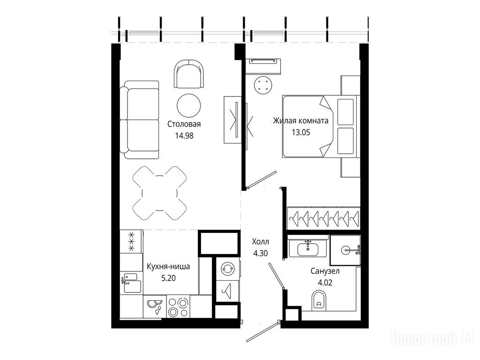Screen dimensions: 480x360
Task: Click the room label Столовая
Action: [x=184, y=124]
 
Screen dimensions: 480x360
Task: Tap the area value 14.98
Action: [x=184, y=135]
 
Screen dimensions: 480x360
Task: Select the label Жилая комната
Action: [x=300, y=120]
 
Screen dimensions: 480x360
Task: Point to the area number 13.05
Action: [x=301, y=132]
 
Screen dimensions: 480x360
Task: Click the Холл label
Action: [x=260, y=242]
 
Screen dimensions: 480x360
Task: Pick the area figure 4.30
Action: [x=261, y=254]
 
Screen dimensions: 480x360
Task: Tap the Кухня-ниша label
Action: [x=168, y=267]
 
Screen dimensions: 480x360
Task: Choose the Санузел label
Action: [x=325, y=271]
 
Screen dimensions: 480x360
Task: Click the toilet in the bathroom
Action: [x=319, y=300]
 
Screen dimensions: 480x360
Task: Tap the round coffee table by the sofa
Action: [x=188, y=105]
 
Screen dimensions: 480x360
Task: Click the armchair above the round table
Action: [x=188, y=74]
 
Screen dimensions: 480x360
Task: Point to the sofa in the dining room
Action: [x=139, y=120]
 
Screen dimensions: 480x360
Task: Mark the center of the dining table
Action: [x=159, y=193]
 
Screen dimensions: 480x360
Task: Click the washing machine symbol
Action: [x=227, y=269]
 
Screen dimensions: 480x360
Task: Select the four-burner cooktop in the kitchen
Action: [x=178, y=307]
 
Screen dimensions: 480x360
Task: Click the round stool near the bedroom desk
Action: [x=263, y=84]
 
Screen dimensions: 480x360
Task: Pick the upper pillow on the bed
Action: [x=345, y=112]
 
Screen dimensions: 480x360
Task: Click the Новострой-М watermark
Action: [x=433, y=339]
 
